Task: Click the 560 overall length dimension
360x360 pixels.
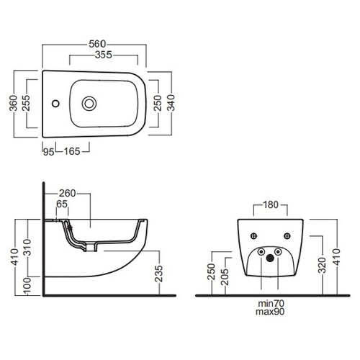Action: pyautogui.click(x=97, y=44)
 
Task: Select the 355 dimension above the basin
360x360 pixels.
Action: pyautogui.click(x=104, y=55)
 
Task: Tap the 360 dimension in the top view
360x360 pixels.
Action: pyautogui.click(x=14, y=103)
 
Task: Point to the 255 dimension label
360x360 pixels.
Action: pyautogui.click(x=26, y=103)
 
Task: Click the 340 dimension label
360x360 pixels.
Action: pyautogui.click(x=171, y=103)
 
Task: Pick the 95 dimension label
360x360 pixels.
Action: pyautogui.click(x=49, y=152)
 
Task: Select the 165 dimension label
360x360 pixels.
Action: pyautogui.click(x=72, y=151)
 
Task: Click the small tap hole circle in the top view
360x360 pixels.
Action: pyautogui.click(x=55, y=104)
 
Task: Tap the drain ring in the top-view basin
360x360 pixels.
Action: pyautogui.click(x=89, y=104)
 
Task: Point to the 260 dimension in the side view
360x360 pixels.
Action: pyautogui.click(x=68, y=193)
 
